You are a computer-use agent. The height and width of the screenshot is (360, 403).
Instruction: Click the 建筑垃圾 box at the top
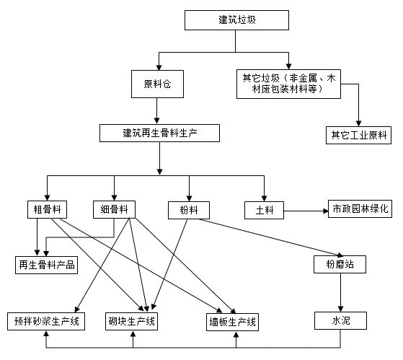(236, 19)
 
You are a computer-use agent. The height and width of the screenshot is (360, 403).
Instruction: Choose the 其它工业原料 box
(358, 134)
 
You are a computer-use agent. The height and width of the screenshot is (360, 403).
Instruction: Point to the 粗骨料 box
(46, 209)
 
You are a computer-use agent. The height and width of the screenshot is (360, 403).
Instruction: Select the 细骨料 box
(115, 209)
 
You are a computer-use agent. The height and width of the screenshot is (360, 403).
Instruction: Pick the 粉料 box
(189, 210)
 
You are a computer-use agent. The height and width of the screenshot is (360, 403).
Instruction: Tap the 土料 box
(263, 210)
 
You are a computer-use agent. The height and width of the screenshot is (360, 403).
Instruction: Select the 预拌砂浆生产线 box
(46, 320)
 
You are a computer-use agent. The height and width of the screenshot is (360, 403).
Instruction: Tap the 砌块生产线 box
(132, 320)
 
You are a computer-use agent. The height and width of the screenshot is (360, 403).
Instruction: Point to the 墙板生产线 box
(233, 320)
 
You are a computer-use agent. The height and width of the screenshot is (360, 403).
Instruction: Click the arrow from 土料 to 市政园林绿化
(306, 211)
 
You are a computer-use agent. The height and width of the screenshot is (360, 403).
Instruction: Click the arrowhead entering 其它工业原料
(358, 121)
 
